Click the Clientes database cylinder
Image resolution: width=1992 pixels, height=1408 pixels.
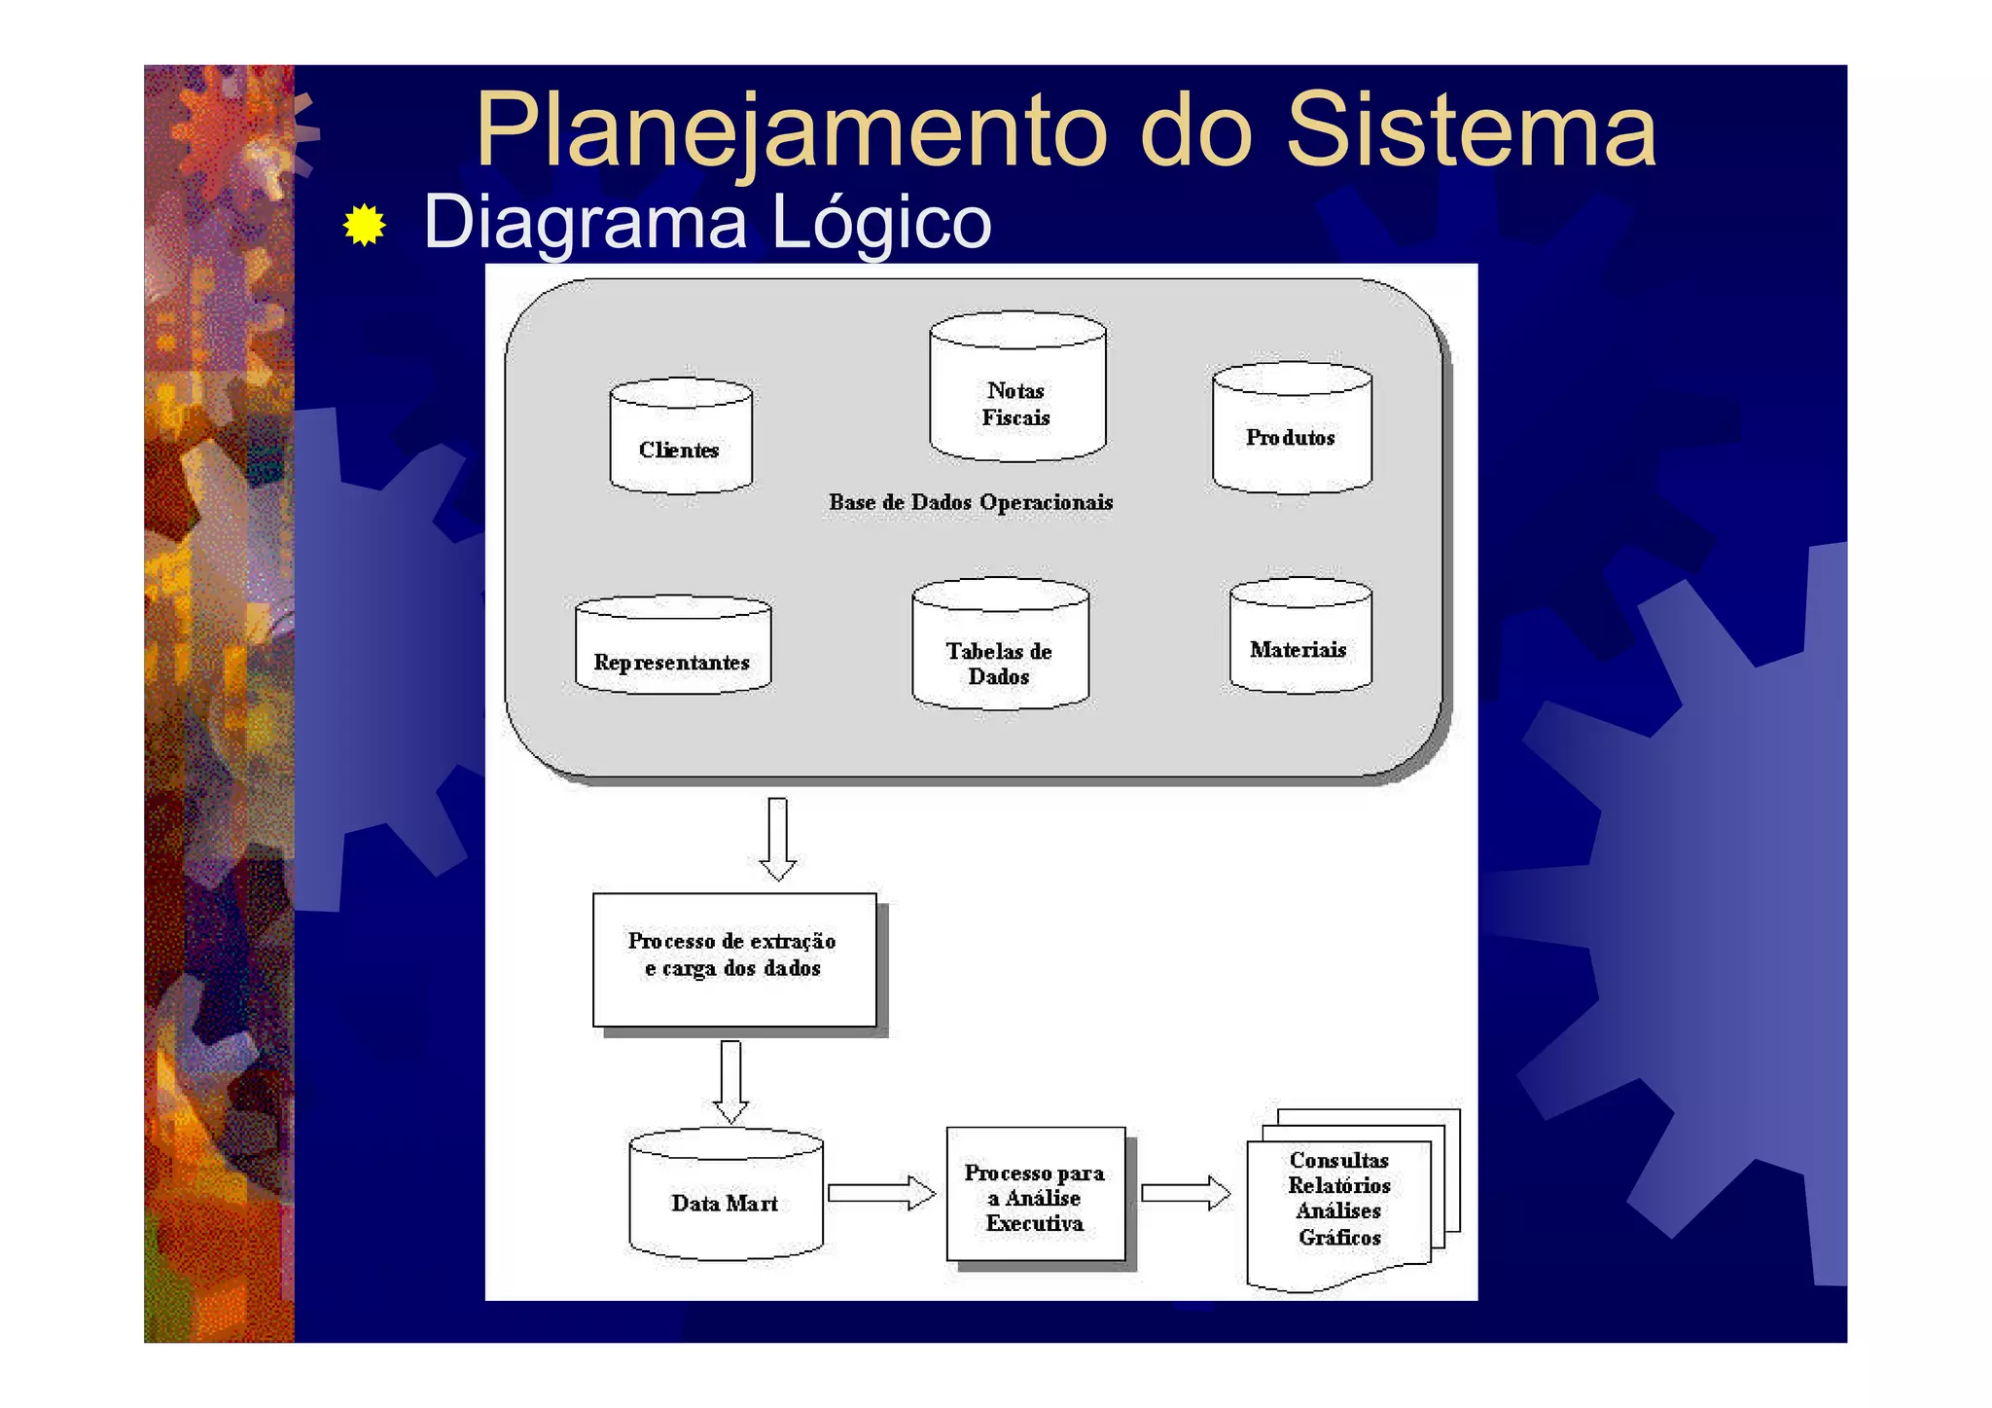[680, 439]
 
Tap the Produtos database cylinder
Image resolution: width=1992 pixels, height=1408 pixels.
[1291, 431]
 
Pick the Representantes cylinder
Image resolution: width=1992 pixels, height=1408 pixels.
[672, 648]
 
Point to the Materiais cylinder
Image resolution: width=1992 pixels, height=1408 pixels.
[1299, 638]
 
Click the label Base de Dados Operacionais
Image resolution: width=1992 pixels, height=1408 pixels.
[970, 503]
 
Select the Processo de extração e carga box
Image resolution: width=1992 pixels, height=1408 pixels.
[733, 958]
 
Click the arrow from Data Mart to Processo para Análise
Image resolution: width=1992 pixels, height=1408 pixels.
[880, 1193]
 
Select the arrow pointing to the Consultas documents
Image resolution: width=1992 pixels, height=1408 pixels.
[1185, 1193]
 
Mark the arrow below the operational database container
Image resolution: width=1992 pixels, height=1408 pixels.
[777, 838]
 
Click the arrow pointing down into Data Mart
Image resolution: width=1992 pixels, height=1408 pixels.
[730, 1081]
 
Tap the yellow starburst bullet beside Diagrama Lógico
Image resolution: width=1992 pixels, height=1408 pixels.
[365, 225]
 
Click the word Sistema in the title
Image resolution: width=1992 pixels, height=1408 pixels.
[1471, 131]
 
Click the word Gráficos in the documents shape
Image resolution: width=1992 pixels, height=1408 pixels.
[1339, 1238]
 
